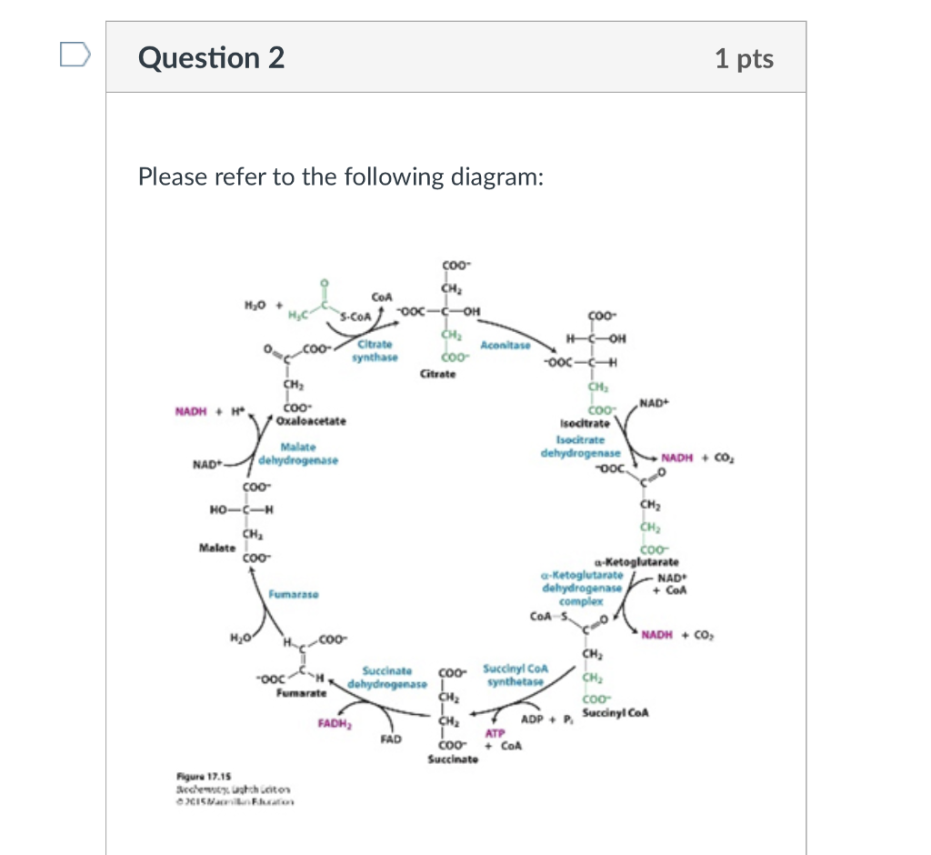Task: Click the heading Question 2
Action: point(211,58)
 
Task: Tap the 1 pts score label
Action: point(744,59)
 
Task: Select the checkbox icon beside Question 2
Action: point(73,56)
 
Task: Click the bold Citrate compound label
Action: point(439,374)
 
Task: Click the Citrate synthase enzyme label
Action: point(375,350)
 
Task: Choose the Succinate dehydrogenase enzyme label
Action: point(392,676)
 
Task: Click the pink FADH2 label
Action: point(335,724)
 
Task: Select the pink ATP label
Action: point(495,733)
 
